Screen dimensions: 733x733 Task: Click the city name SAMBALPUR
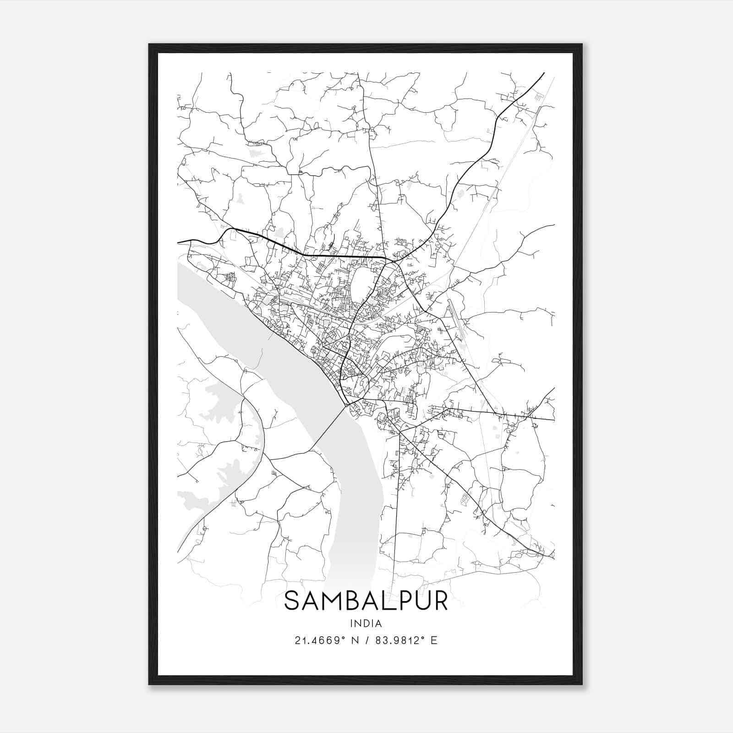click(366, 601)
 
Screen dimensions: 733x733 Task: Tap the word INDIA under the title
click(366, 624)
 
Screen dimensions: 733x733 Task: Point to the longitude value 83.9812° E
click(406, 640)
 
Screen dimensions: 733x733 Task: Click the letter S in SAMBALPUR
click(294, 601)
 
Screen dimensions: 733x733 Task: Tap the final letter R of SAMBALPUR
click(439, 601)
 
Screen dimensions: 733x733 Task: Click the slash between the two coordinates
click(367, 640)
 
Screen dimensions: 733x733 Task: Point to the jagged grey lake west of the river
click(220, 403)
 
